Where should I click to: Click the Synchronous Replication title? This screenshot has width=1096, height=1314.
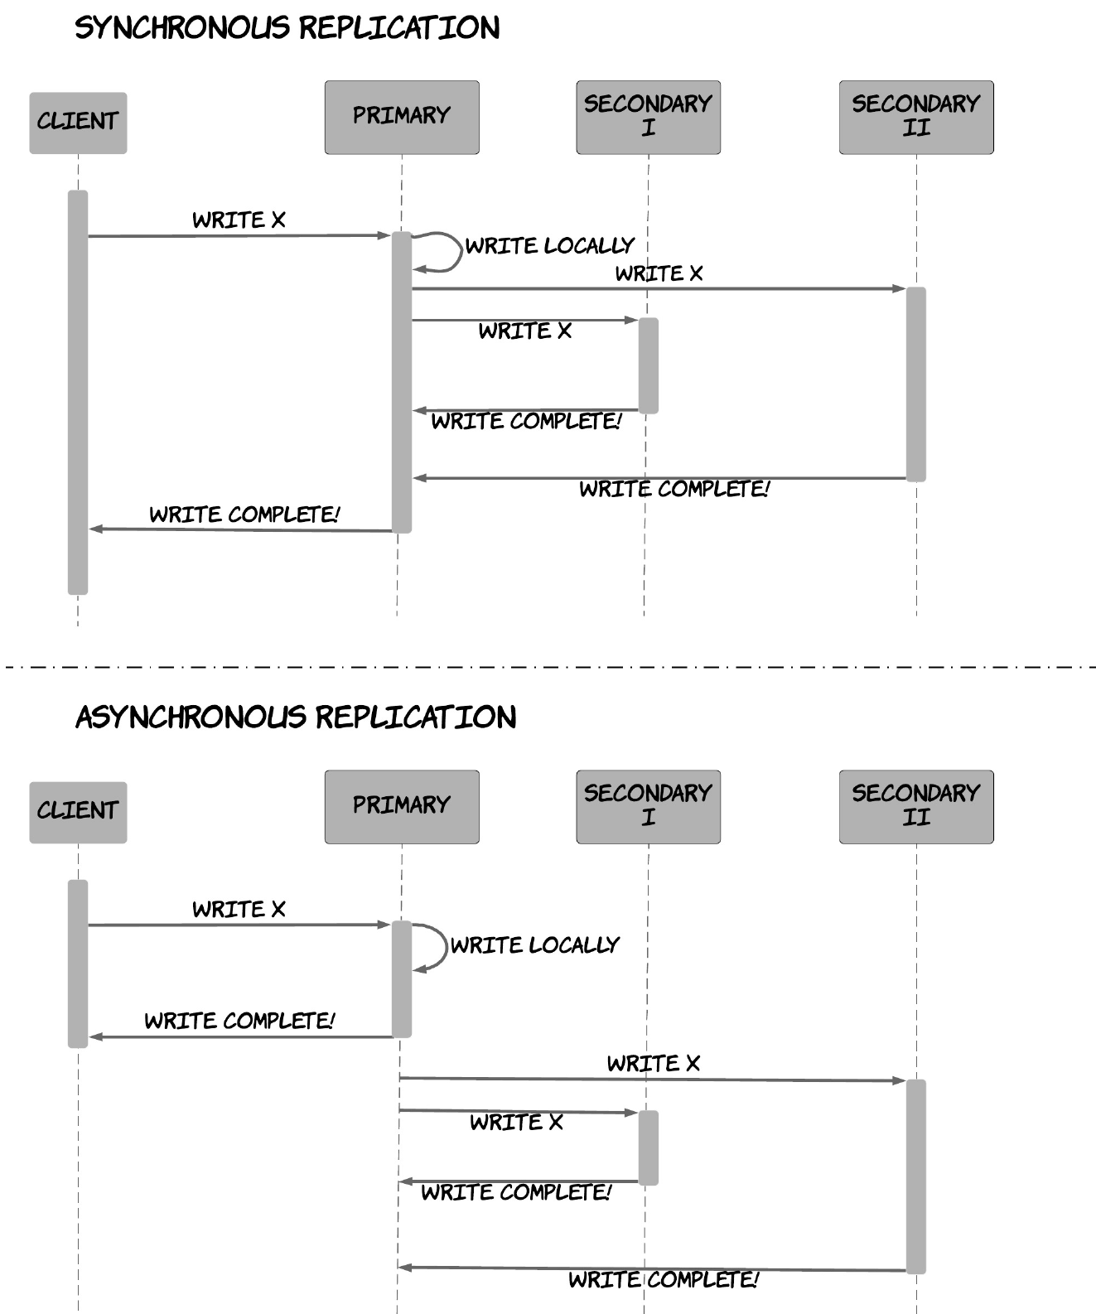[287, 28]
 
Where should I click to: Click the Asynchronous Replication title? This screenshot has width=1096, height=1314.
[296, 717]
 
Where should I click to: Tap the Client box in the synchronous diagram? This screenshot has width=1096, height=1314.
[78, 123]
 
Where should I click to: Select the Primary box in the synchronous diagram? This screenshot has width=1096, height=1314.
[402, 117]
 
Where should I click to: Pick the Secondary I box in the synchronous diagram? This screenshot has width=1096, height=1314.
[649, 117]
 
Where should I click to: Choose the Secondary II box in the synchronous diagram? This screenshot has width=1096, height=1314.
[917, 117]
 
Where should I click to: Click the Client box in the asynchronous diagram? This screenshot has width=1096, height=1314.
[78, 813]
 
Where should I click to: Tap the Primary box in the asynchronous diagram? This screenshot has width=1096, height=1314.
[402, 807]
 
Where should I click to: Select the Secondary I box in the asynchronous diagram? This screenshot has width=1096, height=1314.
[649, 807]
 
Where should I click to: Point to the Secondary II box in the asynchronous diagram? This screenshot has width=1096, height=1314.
[917, 807]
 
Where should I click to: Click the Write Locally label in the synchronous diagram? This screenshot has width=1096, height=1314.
[550, 245]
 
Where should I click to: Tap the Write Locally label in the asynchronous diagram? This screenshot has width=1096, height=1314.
[535, 945]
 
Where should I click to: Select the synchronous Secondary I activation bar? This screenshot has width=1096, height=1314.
[649, 365]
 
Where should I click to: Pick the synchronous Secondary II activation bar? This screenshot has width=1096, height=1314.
[916, 384]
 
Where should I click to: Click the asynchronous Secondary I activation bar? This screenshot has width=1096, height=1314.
[649, 1147]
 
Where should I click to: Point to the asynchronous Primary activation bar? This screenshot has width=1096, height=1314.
[402, 979]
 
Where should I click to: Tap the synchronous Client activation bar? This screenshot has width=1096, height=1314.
[78, 393]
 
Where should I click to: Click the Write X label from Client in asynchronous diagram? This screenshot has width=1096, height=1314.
[239, 910]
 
